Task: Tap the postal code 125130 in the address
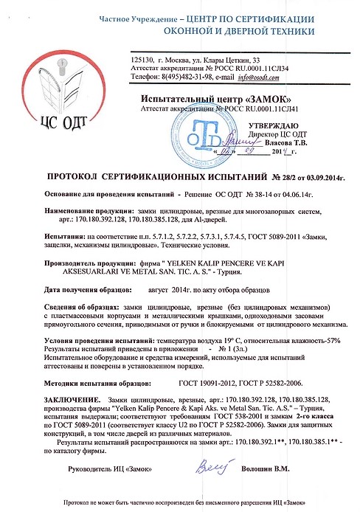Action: point(141,58)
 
